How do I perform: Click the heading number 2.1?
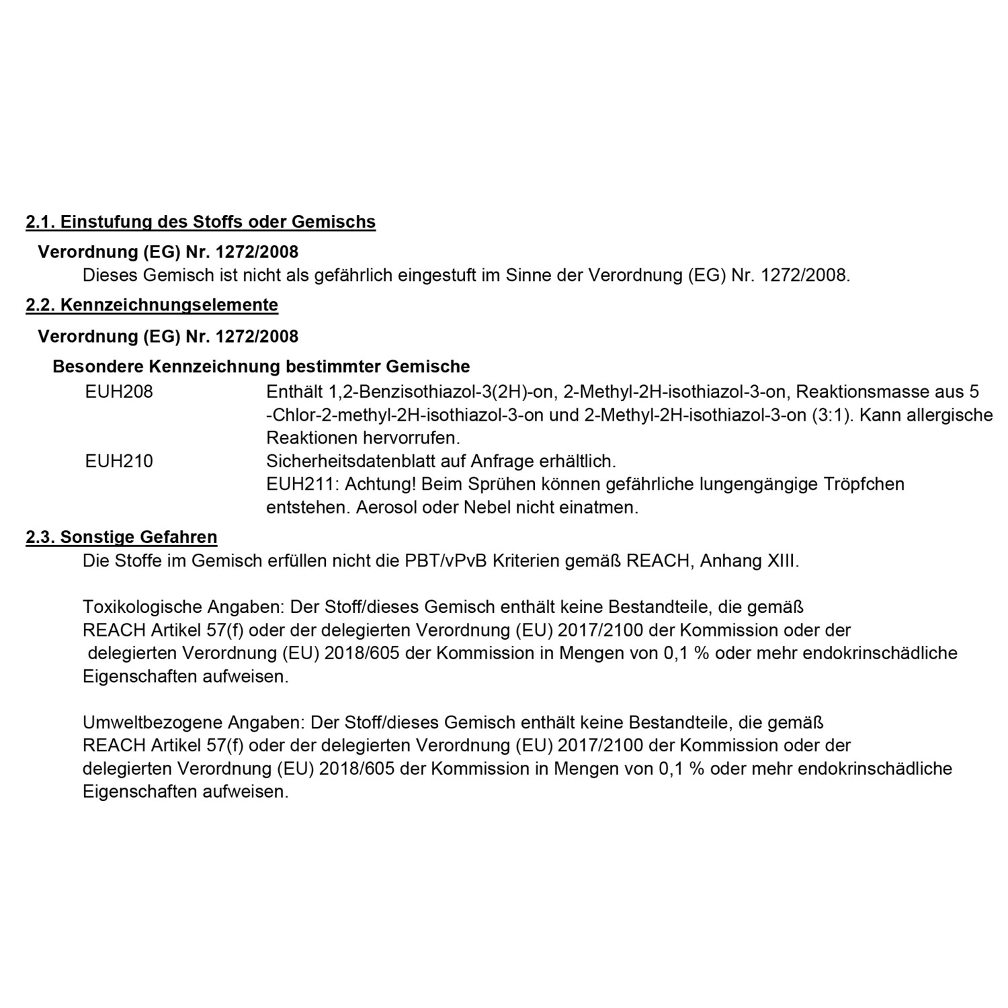[x=40, y=222]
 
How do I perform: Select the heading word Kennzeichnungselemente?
[x=169, y=305]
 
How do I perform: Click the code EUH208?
[x=119, y=392]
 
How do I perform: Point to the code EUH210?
[x=119, y=462]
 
